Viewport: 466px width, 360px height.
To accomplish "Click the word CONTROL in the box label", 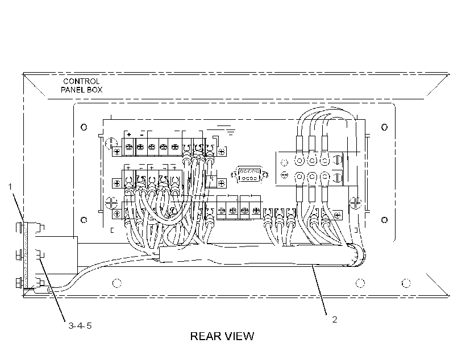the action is (81, 81).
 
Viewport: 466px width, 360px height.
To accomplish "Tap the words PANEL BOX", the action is (81, 90).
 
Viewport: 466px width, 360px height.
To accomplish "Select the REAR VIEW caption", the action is (222, 336).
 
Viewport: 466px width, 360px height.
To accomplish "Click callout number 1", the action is (10, 187).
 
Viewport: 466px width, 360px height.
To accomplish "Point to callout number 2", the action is (334, 320).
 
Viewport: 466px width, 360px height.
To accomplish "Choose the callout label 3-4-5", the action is (80, 326).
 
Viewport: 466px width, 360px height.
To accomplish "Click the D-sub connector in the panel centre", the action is (249, 175).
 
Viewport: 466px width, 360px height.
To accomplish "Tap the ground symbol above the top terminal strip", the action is (226, 130).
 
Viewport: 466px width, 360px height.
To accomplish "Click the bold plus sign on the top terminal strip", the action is (129, 135).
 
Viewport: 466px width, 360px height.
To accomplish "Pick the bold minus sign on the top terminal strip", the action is (142, 135).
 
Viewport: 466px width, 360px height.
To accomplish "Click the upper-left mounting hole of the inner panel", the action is (84, 127).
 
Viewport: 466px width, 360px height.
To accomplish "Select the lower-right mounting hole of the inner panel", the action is (384, 220).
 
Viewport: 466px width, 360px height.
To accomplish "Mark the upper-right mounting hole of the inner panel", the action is (384, 127).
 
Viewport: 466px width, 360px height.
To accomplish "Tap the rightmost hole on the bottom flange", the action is (406, 283).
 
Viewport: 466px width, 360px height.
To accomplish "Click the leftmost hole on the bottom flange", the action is (117, 283).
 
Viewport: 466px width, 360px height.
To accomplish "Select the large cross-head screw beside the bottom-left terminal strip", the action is (111, 203).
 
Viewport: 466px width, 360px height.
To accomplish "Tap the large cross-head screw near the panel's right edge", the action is (355, 203).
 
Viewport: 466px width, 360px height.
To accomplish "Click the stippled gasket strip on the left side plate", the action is (26, 255).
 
